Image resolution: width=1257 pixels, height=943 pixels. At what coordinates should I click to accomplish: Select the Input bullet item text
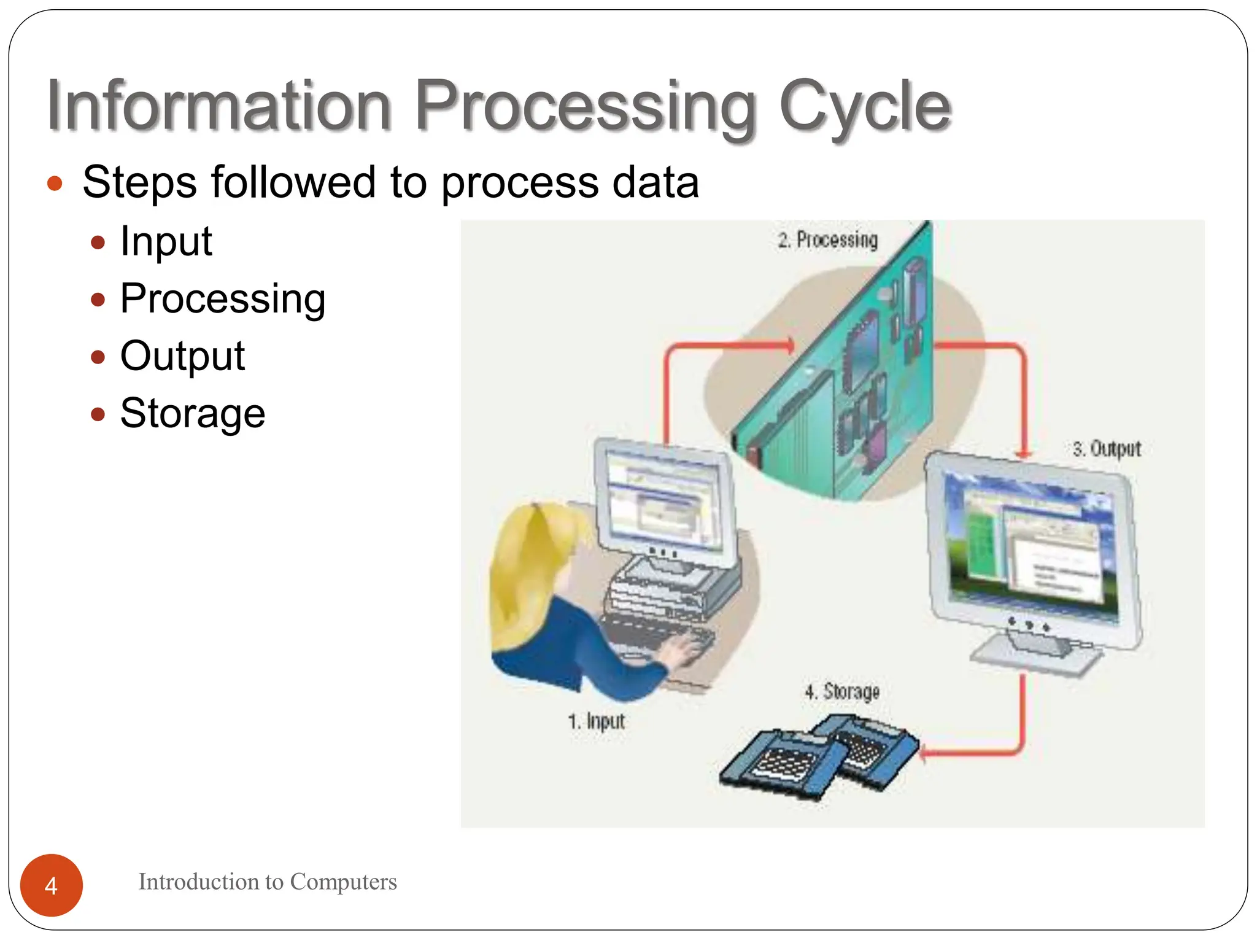pyautogui.click(x=166, y=241)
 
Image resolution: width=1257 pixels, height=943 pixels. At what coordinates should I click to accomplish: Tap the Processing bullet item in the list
pyautogui.click(x=222, y=298)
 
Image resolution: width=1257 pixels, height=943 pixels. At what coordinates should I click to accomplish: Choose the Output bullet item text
pyautogui.click(x=182, y=355)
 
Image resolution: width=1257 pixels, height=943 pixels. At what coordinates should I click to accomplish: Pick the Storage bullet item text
pyautogui.click(x=192, y=413)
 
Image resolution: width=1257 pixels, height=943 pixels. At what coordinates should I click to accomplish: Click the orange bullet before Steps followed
pyautogui.click(x=55, y=183)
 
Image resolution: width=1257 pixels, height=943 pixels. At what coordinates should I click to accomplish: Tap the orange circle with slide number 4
pyautogui.click(x=51, y=885)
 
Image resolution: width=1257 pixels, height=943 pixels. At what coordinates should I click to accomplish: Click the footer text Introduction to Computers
pyautogui.click(x=267, y=882)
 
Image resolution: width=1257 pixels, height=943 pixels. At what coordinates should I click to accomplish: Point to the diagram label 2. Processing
pyautogui.click(x=827, y=239)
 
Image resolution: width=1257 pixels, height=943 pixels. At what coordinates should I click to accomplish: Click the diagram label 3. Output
pyautogui.click(x=1106, y=449)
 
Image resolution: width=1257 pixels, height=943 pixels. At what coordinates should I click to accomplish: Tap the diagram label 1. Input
pyautogui.click(x=595, y=721)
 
